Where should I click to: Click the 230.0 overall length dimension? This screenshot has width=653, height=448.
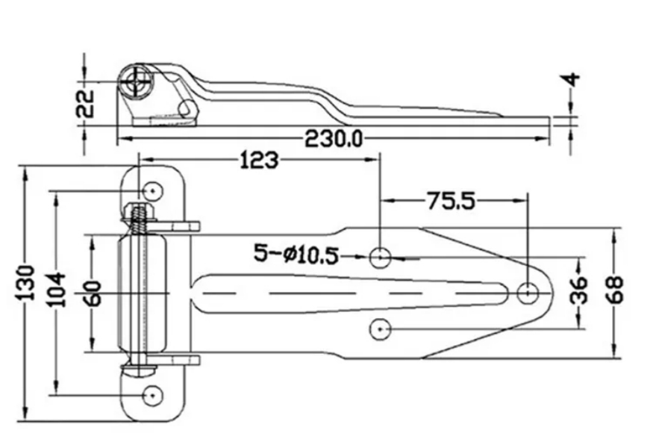click(334, 139)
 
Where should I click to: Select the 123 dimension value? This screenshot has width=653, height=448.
click(259, 161)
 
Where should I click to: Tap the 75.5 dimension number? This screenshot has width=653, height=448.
click(451, 201)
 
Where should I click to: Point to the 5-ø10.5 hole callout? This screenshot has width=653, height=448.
click(296, 254)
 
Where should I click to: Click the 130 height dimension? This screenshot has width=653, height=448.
click(26, 282)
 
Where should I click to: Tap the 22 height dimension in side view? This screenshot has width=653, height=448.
click(85, 103)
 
